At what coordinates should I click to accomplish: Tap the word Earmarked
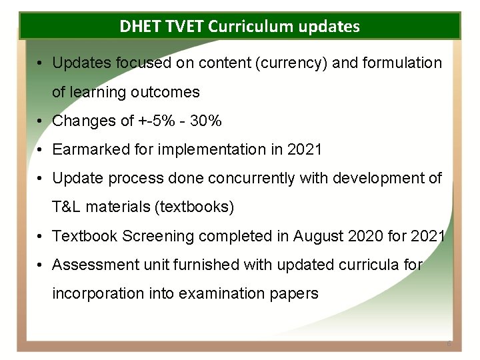click(x=91, y=150)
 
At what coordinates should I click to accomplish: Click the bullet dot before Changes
click(x=41, y=121)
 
